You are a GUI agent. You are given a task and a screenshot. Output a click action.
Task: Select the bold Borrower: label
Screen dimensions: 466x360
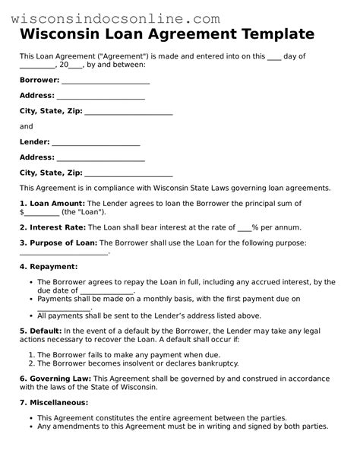pyautogui.click(x=39, y=80)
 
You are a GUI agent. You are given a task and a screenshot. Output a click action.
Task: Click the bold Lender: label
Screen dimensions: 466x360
pyautogui.click(x=34, y=141)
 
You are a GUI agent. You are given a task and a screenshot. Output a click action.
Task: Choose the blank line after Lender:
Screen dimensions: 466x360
pyautogui.click(x=95, y=142)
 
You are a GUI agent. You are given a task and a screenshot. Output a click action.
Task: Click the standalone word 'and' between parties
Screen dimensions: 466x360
pyautogui.click(x=26, y=126)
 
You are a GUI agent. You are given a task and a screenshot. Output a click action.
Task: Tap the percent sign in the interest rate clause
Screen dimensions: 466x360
pyautogui.click(x=256, y=227)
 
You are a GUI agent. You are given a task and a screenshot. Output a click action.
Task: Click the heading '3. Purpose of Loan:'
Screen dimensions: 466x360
pyautogui.click(x=58, y=243)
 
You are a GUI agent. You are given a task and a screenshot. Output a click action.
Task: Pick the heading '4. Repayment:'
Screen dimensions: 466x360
pyautogui.click(x=48, y=267)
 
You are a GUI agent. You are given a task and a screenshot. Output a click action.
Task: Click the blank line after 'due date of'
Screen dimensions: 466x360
pyautogui.click(x=106, y=291)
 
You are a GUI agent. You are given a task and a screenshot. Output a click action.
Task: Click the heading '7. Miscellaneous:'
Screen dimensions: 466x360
pyautogui.click(x=53, y=402)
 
